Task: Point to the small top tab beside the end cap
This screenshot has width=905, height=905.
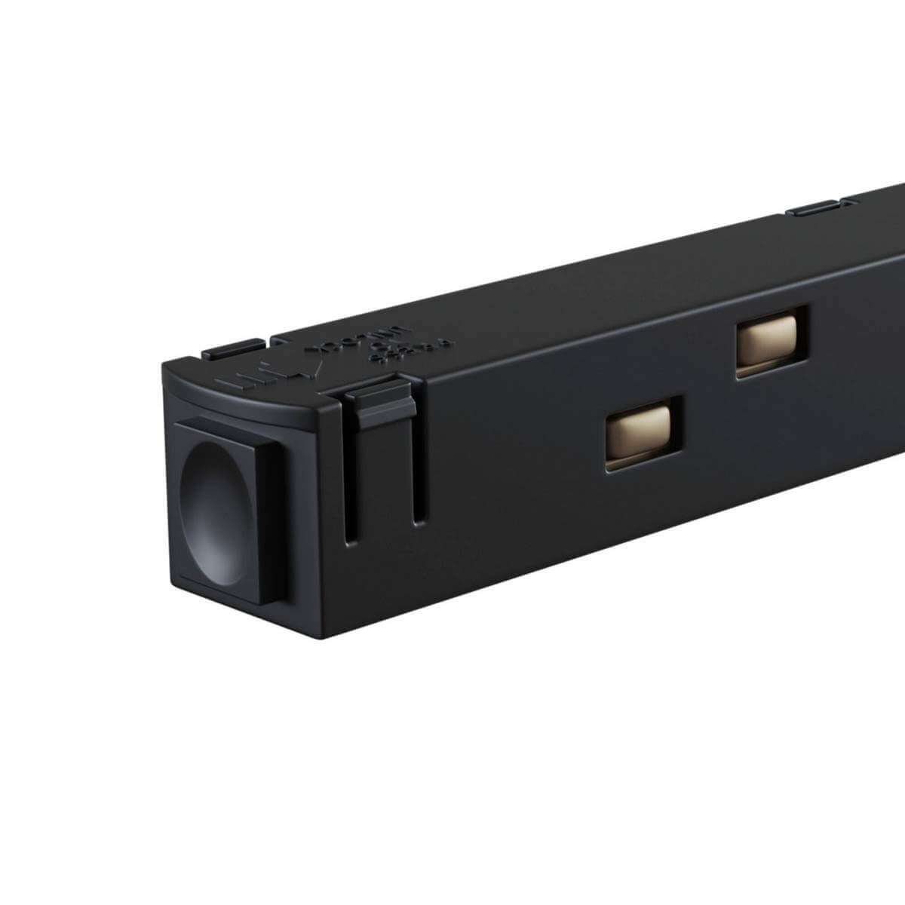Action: coord(232,348)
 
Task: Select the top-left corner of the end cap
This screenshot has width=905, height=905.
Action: coord(161,364)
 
